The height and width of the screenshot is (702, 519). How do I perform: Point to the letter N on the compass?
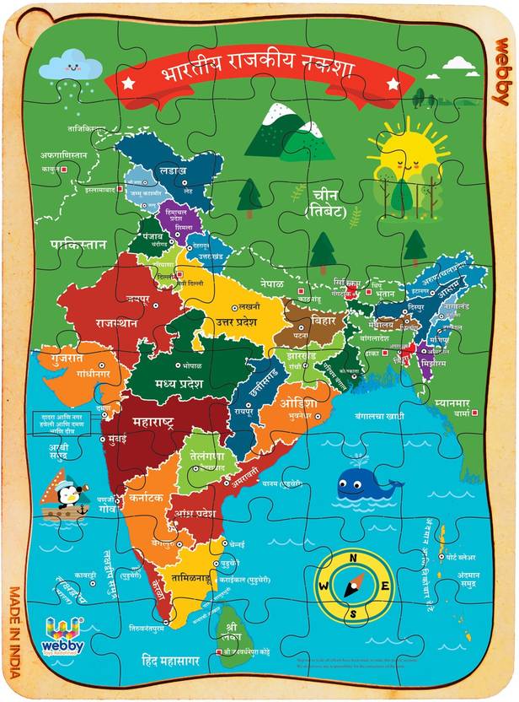[x=354, y=559]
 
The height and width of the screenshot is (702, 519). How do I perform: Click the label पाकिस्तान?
[x=78, y=245]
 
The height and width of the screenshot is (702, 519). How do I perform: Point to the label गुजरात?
[x=60, y=358]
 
